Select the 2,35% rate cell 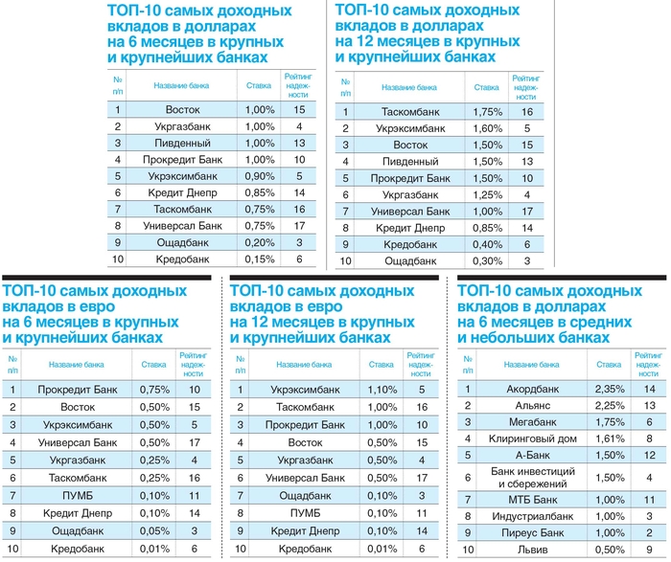point(609,389)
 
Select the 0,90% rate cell point(259,176)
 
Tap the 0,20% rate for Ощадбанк point(259,242)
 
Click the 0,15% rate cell point(259,259)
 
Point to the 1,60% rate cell point(487,127)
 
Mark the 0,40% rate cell point(487,243)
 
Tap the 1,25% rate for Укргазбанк point(487,193)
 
